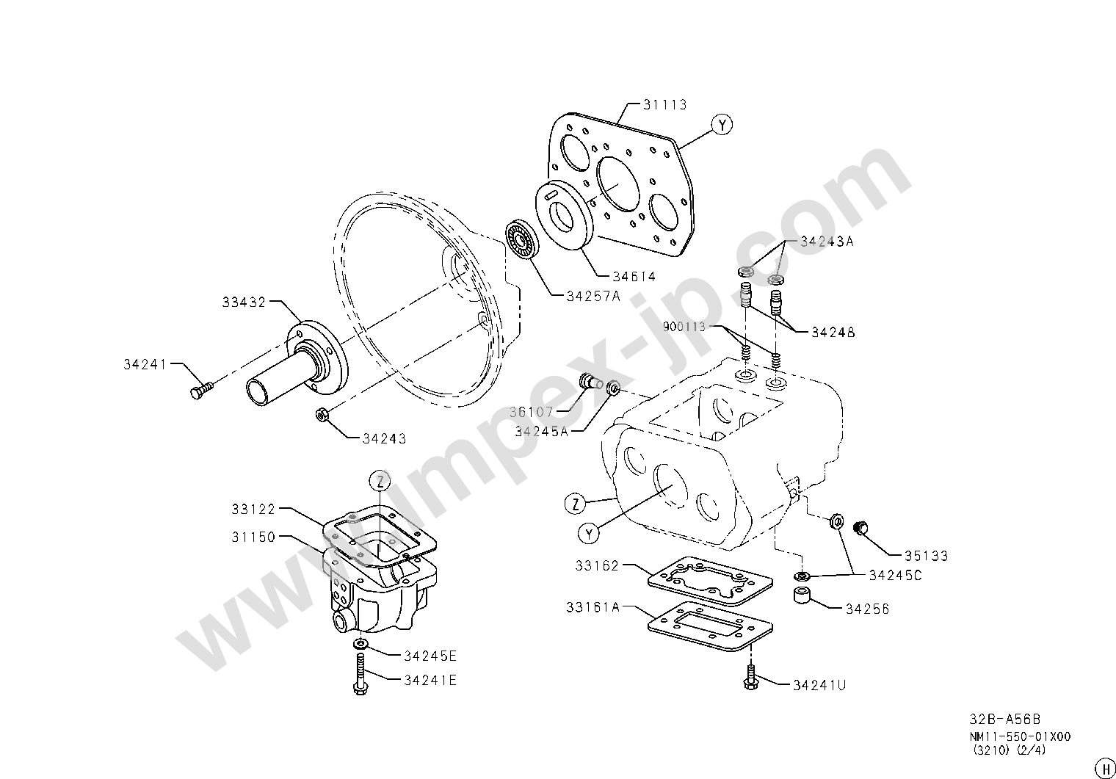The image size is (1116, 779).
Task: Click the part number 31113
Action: (664, 104)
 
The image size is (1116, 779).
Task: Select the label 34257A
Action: (593, 297)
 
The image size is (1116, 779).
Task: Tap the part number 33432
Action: (244, 302)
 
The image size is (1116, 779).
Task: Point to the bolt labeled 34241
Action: (202, 389)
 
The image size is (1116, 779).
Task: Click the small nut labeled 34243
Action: (322, 414)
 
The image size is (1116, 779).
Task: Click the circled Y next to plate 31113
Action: (722, 125)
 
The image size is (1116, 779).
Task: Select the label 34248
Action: (833, 332)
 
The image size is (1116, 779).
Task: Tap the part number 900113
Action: (684, 327)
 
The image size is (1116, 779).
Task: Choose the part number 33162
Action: (597, 566)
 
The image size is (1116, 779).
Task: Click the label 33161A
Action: (593, 608)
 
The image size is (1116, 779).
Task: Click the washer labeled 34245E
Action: (360, 644)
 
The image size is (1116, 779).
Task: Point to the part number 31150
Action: (253, 537)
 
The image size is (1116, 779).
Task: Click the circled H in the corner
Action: (1104, 769)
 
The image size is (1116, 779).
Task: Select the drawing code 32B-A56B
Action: (1004, 720)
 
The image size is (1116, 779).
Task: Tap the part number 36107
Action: (531, 412)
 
